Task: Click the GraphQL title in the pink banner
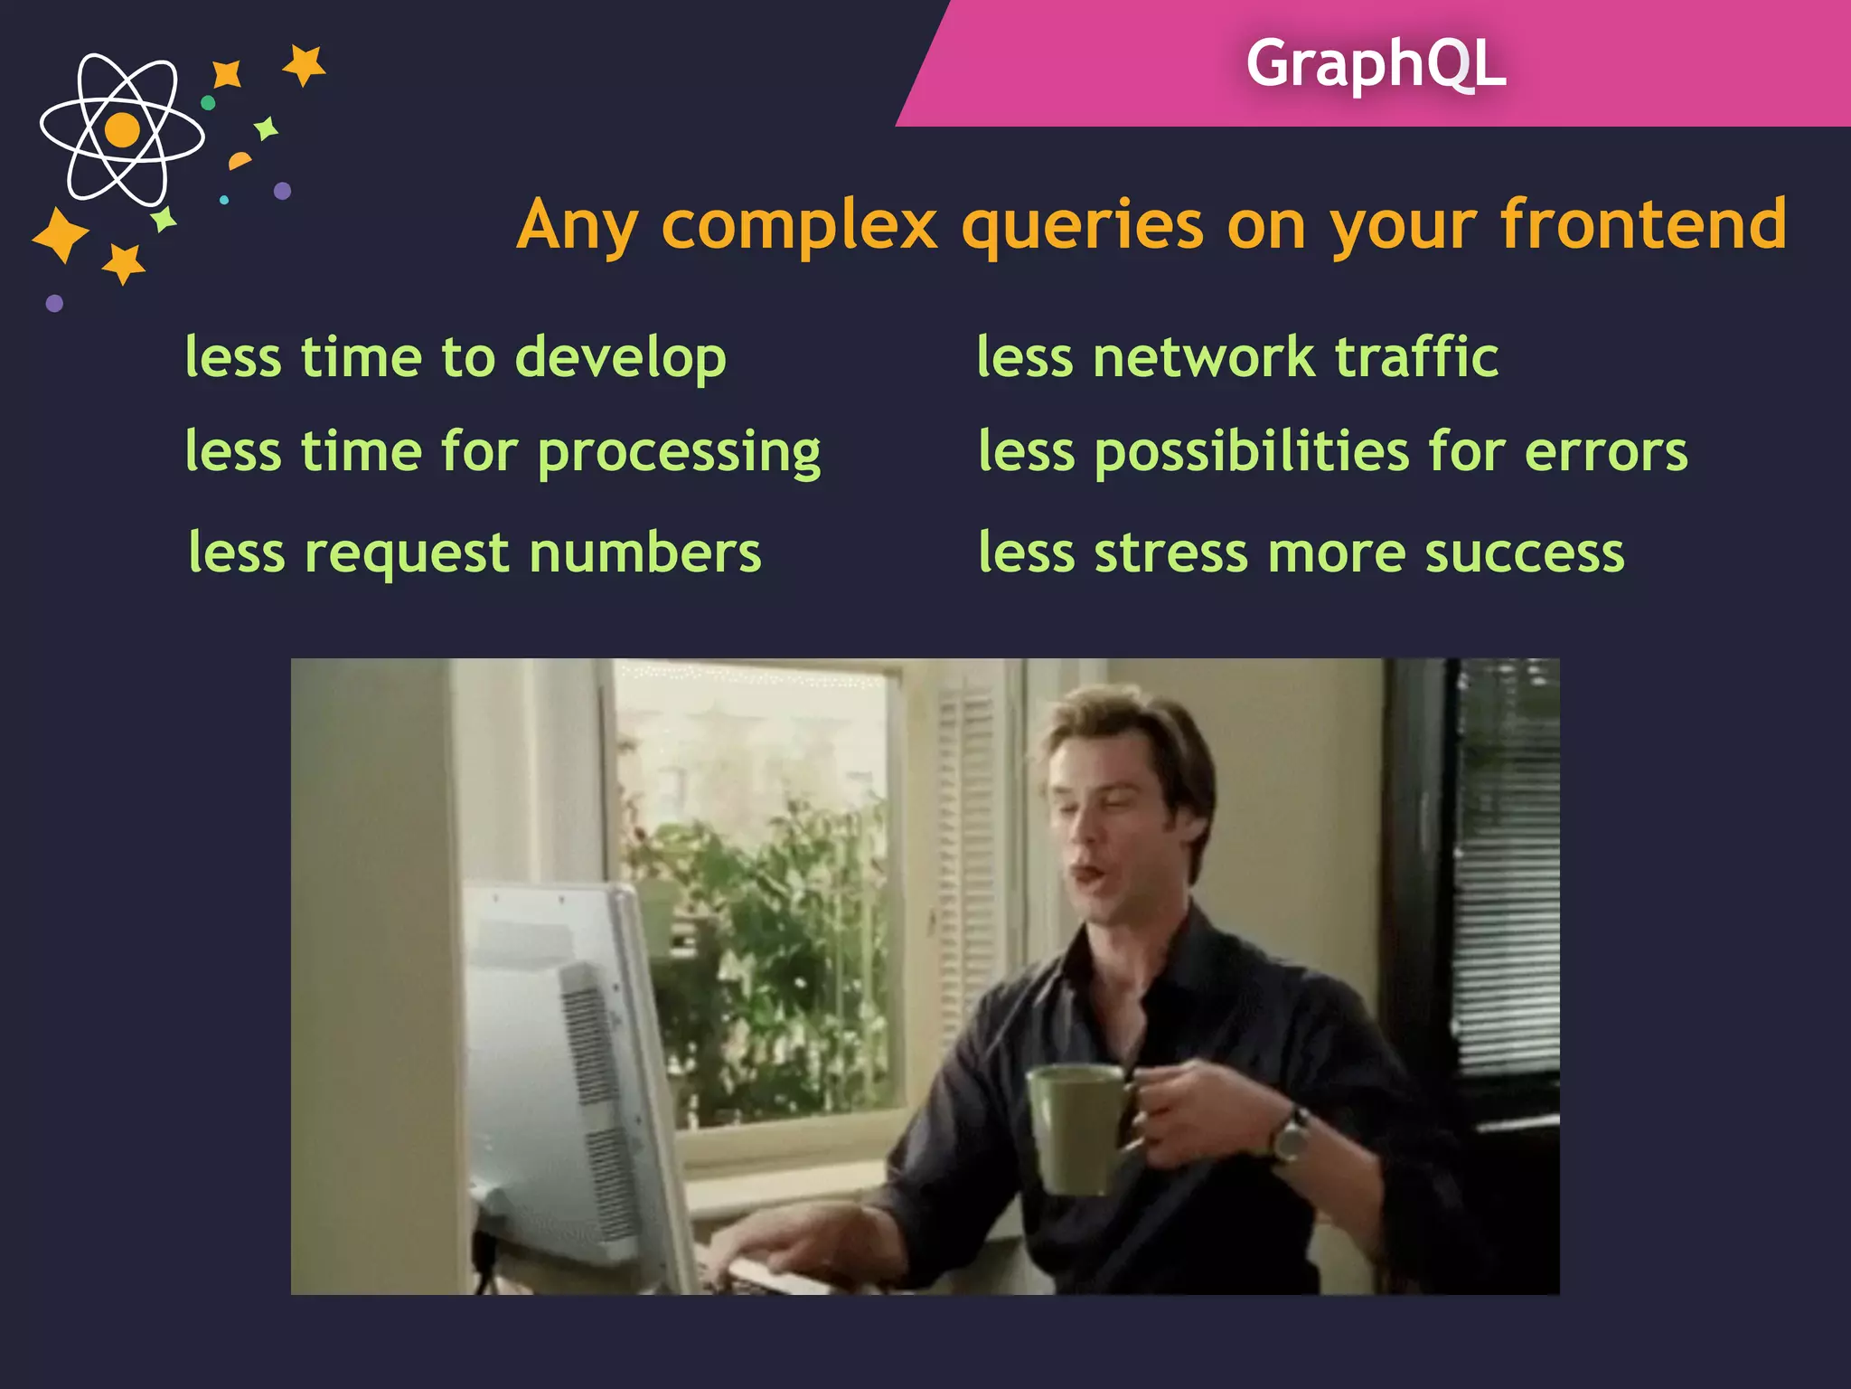tap(1375, 63)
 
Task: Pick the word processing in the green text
tap(679, 453)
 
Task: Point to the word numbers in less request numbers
tap(644, 553)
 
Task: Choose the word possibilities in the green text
tap(1251, 452)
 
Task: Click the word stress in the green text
tap(1170, 553)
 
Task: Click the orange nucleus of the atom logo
tap(122, 129)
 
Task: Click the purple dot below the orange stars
tap(54, 303)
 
